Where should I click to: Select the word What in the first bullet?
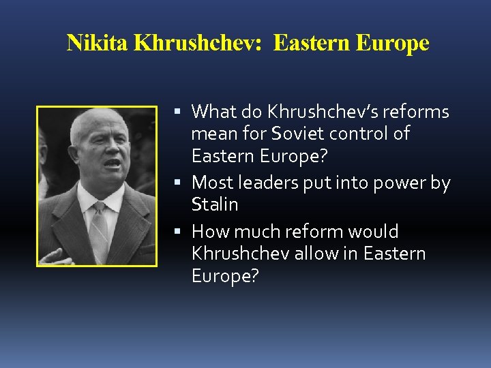pos(213,111)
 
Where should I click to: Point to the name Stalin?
pos(215,204)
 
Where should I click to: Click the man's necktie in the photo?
pos(100,225)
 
